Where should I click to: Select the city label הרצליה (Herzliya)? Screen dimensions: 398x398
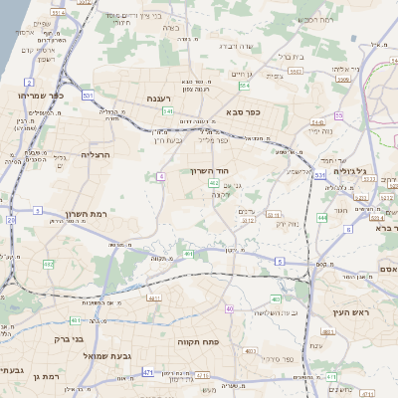tap(99, 154)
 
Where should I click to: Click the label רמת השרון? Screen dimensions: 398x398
tap(86, 214)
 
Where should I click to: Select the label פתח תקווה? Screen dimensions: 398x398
tap(198, 341)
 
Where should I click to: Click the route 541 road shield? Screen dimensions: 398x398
tap(168, 111)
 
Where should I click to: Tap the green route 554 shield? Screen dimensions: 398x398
tap(244, 86)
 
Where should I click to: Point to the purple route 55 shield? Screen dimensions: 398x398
tap(338, 116)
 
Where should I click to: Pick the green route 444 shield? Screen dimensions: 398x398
tap(321, 217)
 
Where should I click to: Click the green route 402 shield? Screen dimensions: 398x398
tap(214, 183)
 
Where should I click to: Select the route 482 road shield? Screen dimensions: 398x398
tap(49, 265)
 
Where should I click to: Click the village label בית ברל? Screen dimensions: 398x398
tap(290, 57)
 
